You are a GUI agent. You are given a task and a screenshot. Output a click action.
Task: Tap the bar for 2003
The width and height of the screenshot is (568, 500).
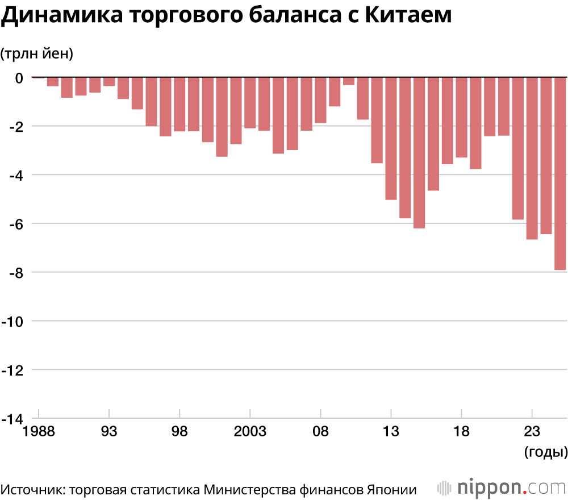click(x=250, y=103)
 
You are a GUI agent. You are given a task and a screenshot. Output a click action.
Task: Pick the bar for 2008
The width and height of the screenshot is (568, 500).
click(x=320, y=100)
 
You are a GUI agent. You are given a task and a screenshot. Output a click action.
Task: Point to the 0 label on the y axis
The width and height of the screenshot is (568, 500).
click(x=19, y=78)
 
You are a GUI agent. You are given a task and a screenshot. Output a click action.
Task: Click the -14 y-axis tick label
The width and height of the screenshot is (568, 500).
click(x=12, y=419)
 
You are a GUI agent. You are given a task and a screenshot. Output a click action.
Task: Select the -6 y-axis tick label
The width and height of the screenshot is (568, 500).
click(x=15, y=224)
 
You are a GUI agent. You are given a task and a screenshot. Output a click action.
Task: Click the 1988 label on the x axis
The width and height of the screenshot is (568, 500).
click(x=38, y=432)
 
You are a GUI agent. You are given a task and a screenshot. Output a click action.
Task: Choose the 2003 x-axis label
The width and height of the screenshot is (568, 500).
click(x=250, y=432)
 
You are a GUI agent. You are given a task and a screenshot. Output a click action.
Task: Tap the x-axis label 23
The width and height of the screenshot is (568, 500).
click(x=532, y=432)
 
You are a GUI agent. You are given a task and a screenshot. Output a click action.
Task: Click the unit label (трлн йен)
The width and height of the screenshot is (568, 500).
click(x=37, y=54)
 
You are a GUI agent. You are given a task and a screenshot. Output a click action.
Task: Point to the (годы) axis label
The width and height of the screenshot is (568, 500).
click(x=544, y=452)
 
